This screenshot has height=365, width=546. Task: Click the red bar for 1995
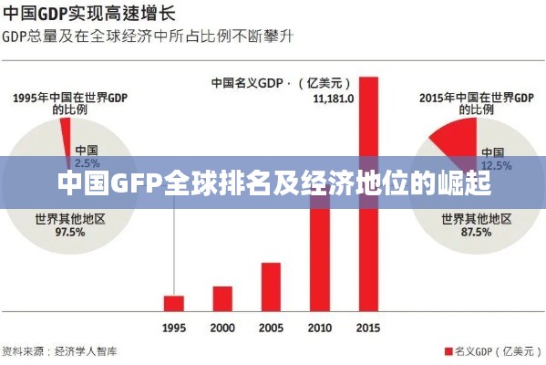coord(174,303)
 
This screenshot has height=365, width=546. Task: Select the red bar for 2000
coord(222,298)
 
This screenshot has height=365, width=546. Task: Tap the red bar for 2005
coord(271,287)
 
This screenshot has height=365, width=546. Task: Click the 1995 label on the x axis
coord(174,328)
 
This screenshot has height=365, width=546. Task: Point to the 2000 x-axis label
coord(222,328)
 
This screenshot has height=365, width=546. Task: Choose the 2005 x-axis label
coord(271,328)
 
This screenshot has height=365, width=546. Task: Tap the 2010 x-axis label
coord(319,328)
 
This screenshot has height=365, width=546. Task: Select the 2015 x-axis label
coord(367,328)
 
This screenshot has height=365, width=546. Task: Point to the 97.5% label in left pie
coord(59,232)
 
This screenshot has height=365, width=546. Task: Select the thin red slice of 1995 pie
coord(65,138)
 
